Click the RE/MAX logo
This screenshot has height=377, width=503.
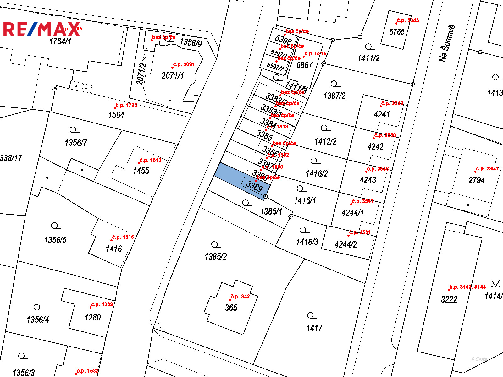tap(41, 29)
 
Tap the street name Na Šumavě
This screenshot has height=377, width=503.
tap(447, 43)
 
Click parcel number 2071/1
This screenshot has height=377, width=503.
tap(173, 75)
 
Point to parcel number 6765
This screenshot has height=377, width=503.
tap(397, 32)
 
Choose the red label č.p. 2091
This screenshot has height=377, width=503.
tap(184, 64)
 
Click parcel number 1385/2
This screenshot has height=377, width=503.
tap(216, 257)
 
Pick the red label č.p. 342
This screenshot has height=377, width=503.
tap(240, 297)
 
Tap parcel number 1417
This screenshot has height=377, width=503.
tap(314, 328)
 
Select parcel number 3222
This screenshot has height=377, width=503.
tap(449, 299)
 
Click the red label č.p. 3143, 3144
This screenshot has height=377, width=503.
tap(467, 287)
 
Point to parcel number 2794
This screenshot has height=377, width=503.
tap(477, 180)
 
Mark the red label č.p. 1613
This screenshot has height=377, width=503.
tap(151, 160)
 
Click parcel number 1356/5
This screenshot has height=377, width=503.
tap(55, 240)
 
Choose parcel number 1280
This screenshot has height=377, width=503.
tap(93, 317)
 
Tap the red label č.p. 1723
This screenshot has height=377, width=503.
tap(126, 105)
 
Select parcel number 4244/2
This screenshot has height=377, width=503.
tap(346, 244)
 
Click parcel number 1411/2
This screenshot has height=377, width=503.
tap(368, 58)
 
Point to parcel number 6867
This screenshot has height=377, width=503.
tap(305, 65)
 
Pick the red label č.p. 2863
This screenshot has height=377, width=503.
tap(487, 168)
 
